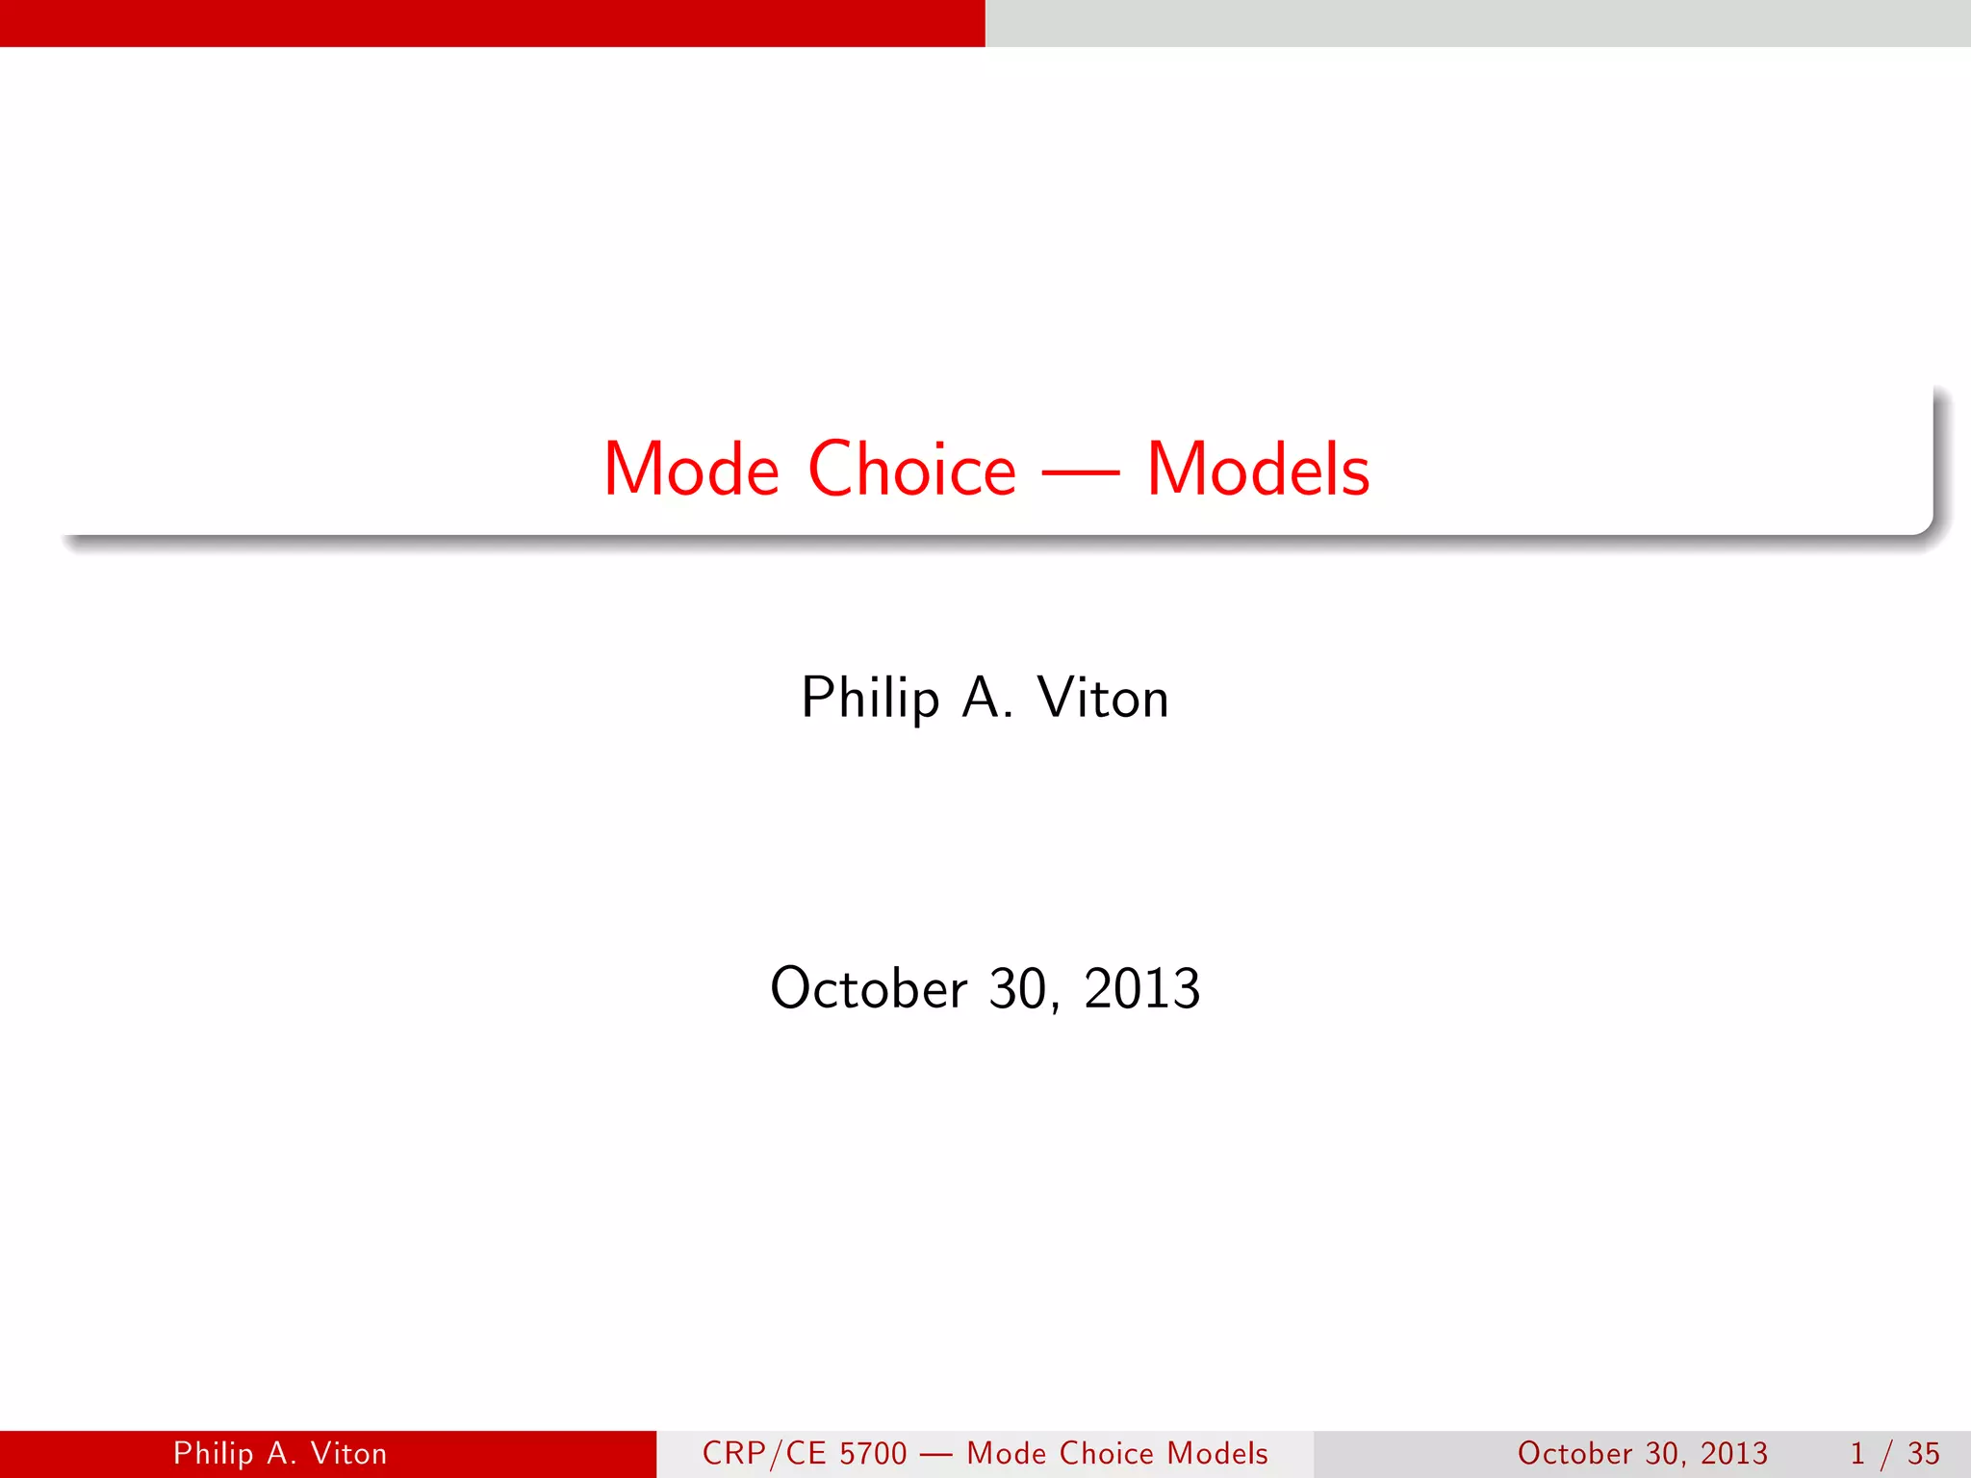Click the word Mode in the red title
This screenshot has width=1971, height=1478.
coord(691,470)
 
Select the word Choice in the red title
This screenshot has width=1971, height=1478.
coord(911,470)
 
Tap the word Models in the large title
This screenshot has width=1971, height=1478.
coord(1258,470)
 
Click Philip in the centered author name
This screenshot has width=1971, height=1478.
coord(870,699)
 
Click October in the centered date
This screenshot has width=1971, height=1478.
coord(869,988)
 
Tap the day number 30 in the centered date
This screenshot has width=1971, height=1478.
coord(1022,989)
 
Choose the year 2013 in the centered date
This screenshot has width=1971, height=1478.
coord(1142,988)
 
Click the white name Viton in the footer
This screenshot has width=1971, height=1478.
coord(348,1453)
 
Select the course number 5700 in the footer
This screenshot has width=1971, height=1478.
coord(874,1453)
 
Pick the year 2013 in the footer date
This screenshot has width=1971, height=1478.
coord(1733,1453)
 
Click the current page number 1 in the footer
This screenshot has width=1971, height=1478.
coord(1857,1453)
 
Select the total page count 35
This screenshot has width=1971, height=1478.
coord(1924,1453)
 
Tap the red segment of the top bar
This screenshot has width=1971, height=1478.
coord(493,23)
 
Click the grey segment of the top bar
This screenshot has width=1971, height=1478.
coord(1478,23)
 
